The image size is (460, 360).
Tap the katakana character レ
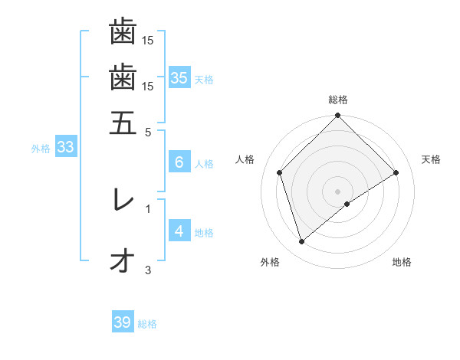[122, 200]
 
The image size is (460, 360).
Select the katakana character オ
[121, 261]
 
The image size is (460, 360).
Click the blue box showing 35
[179, 77]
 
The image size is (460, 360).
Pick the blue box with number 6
[179, 162]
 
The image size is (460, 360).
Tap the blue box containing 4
[179, 231]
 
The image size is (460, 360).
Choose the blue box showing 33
[65, 148]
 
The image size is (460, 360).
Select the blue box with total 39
[123, 322]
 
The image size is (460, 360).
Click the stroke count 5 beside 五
[148, 132]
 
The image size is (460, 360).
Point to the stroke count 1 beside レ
[148, 207]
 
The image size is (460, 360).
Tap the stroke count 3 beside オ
[148, 270]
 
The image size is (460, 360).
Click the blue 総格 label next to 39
[147, 324]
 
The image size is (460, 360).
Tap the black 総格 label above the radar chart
[338, 100]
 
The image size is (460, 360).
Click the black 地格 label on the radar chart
[402, 263]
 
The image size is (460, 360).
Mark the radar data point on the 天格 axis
[396, 172]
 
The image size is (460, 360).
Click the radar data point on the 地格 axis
[347, 204]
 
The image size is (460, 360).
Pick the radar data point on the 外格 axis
[302, 242]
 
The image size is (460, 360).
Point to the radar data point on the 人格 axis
[280, 172]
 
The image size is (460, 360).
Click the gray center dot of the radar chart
[338, 191]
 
